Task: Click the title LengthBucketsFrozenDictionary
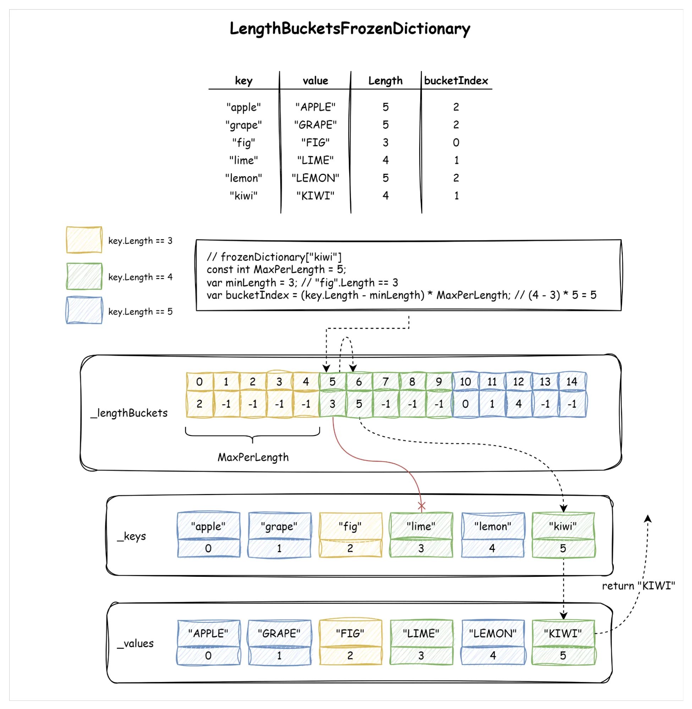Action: tap(350, 29)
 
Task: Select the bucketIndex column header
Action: tap(456, 81)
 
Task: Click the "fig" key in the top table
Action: tap(243, 142)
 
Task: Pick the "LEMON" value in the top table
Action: tap(315, 178)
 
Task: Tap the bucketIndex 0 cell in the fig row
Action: tap(456, 142)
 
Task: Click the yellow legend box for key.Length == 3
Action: tap(84, 240)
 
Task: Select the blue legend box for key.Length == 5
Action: tap(84, 311)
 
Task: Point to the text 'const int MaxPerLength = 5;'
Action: tap(276, 270)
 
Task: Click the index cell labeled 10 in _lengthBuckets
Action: tap(465, 381)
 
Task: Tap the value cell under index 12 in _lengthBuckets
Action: tap(518, 404)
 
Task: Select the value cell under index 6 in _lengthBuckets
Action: tap(359, 404)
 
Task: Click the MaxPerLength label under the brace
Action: tap(253, 457)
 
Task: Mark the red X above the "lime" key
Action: tap(422, 506)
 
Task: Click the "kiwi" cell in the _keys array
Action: tap(563, 526)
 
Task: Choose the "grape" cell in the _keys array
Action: tap(279, 526)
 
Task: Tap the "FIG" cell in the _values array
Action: tap(350, 633)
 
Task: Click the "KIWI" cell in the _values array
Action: tap(563, 633)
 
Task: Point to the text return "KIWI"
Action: tap(638, 586)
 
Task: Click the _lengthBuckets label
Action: tap(129, 413)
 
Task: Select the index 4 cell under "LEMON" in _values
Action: tap(493, 655)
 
